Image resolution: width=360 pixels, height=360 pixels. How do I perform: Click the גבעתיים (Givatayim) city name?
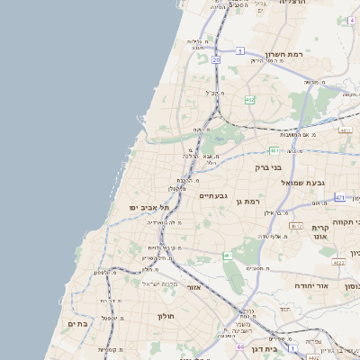214,195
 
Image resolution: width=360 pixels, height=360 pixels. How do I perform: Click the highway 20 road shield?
217,60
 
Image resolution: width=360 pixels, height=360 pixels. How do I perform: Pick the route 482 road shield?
249,99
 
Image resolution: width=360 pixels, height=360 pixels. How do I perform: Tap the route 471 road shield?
339,196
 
